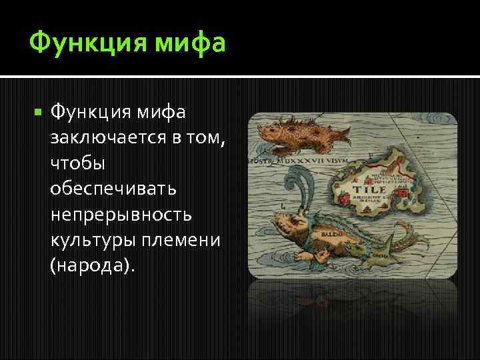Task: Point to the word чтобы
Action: click(77, 163)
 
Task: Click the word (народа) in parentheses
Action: click(91, 266)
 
